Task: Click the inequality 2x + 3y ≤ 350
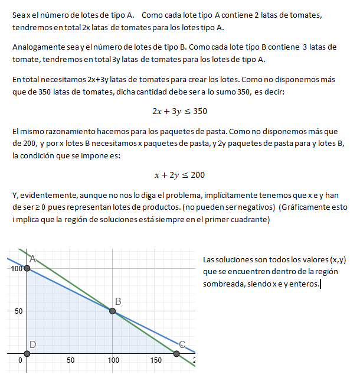(x=179, y=110)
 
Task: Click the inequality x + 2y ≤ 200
(x=179, y=175)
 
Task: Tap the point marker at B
(x=113, y=311)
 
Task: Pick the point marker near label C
(x=176, y=353)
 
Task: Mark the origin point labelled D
(x=27, y=353)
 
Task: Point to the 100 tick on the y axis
(x=15, y=269)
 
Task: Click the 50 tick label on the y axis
(x=18, y=311)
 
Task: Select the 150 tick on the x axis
(x=156, y=360)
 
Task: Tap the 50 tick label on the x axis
(x=70, y=360)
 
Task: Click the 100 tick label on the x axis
(x=113, y=360)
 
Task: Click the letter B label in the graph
(x=118, y=301)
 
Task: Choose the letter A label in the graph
(x=33, y=259)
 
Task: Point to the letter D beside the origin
(x=32, y=344)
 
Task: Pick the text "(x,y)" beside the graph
(x=338, y=259)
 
